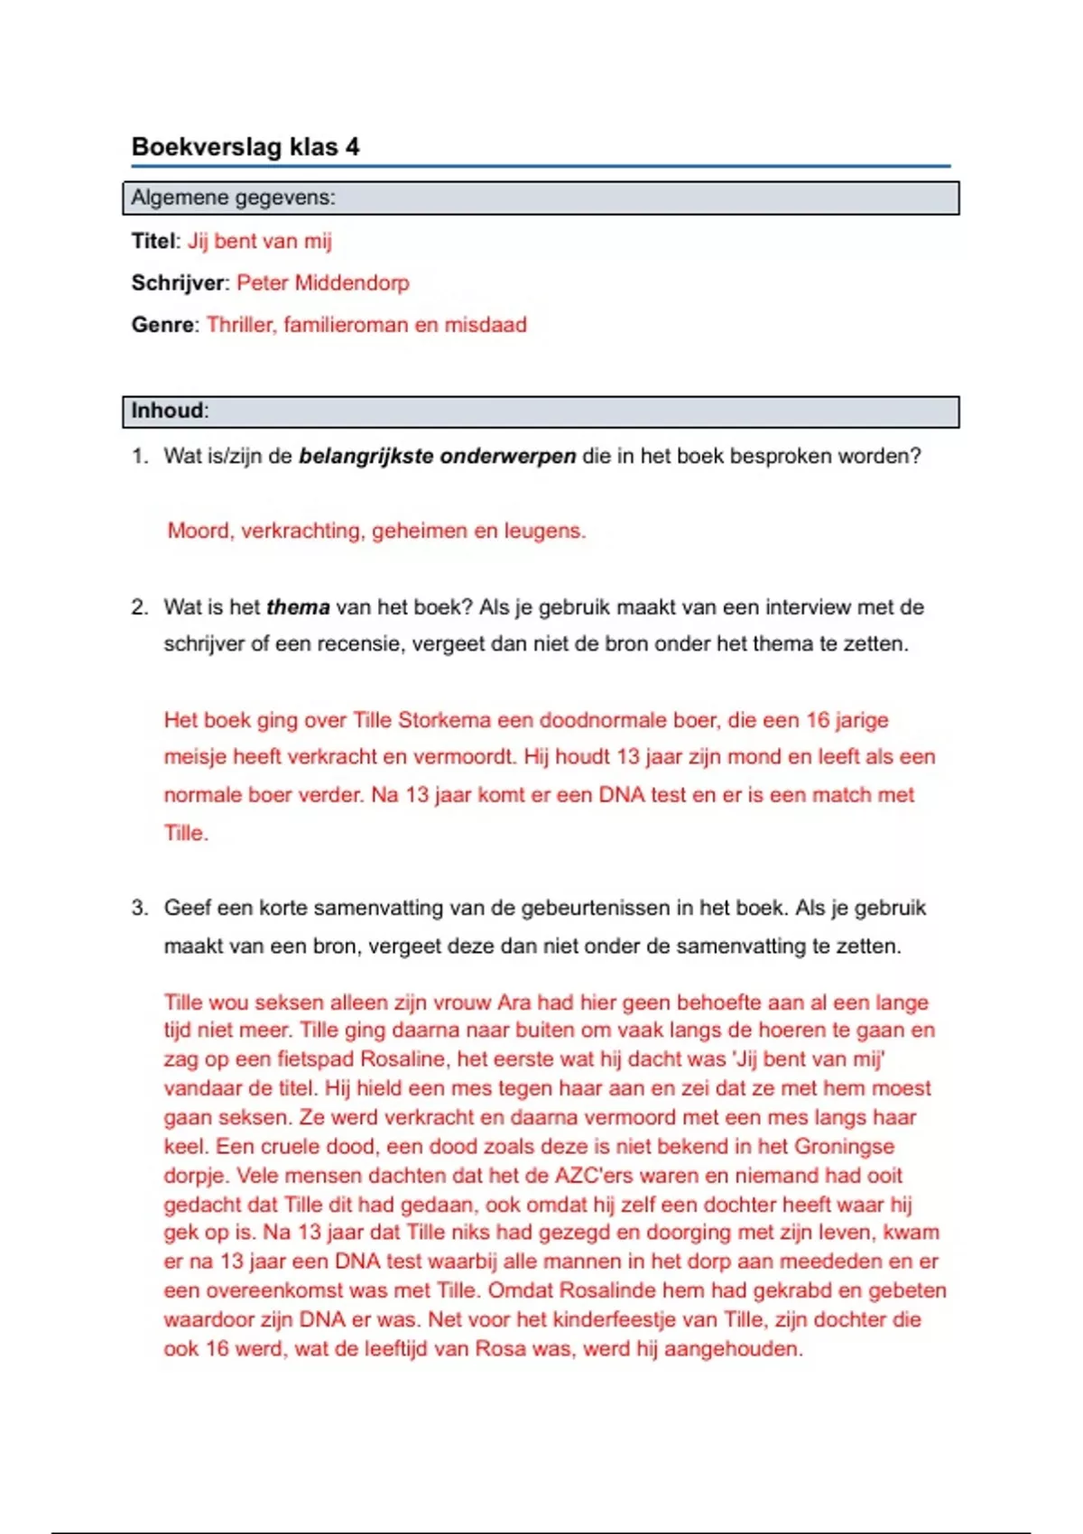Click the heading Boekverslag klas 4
[245, 146]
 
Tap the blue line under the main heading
[541, 166]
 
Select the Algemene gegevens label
[233, 198]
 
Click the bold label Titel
[153, 241]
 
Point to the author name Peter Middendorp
[323, 283]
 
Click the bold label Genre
[162, 325]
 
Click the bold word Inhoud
[167, 411]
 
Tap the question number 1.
[139, 457]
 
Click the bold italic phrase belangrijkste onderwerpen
[437, 457]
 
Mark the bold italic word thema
[298, 607]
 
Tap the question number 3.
[139, 908]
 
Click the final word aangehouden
[733, 1349]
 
